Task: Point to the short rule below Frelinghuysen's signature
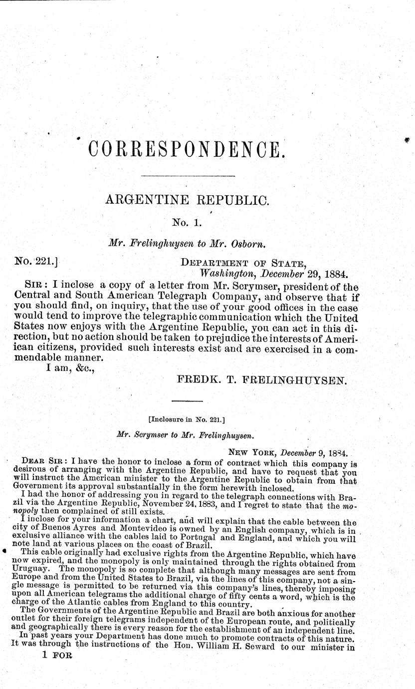click(187, 400)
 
